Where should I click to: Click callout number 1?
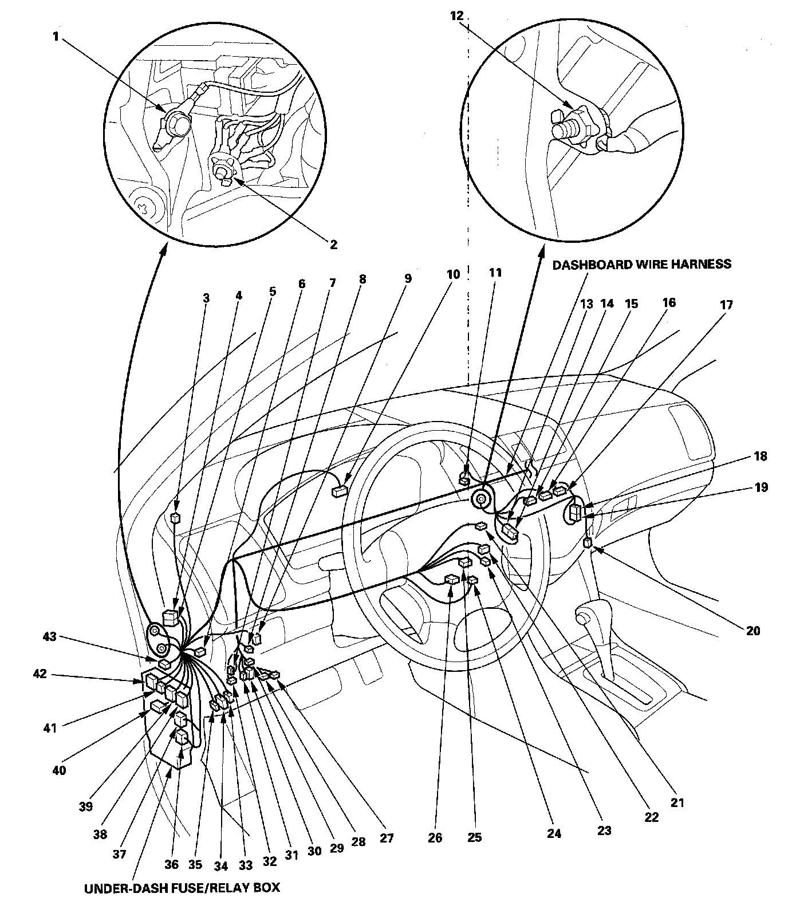click(56, 37)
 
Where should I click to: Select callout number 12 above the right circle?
click(456, 16)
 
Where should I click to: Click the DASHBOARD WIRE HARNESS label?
click(641, 264)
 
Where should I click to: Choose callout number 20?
click(753, 631)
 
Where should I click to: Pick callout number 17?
click(726, 305)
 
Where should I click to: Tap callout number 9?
click(408, 278)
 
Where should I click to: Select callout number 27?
click(387, 838)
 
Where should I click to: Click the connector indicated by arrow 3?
click(176, 518)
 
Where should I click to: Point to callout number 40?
click(59, 770)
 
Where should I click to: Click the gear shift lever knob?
click(585, 616)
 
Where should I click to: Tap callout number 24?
click(554, 833)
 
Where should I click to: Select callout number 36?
click(172, 864)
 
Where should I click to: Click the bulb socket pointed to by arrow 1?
click(176, 122)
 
